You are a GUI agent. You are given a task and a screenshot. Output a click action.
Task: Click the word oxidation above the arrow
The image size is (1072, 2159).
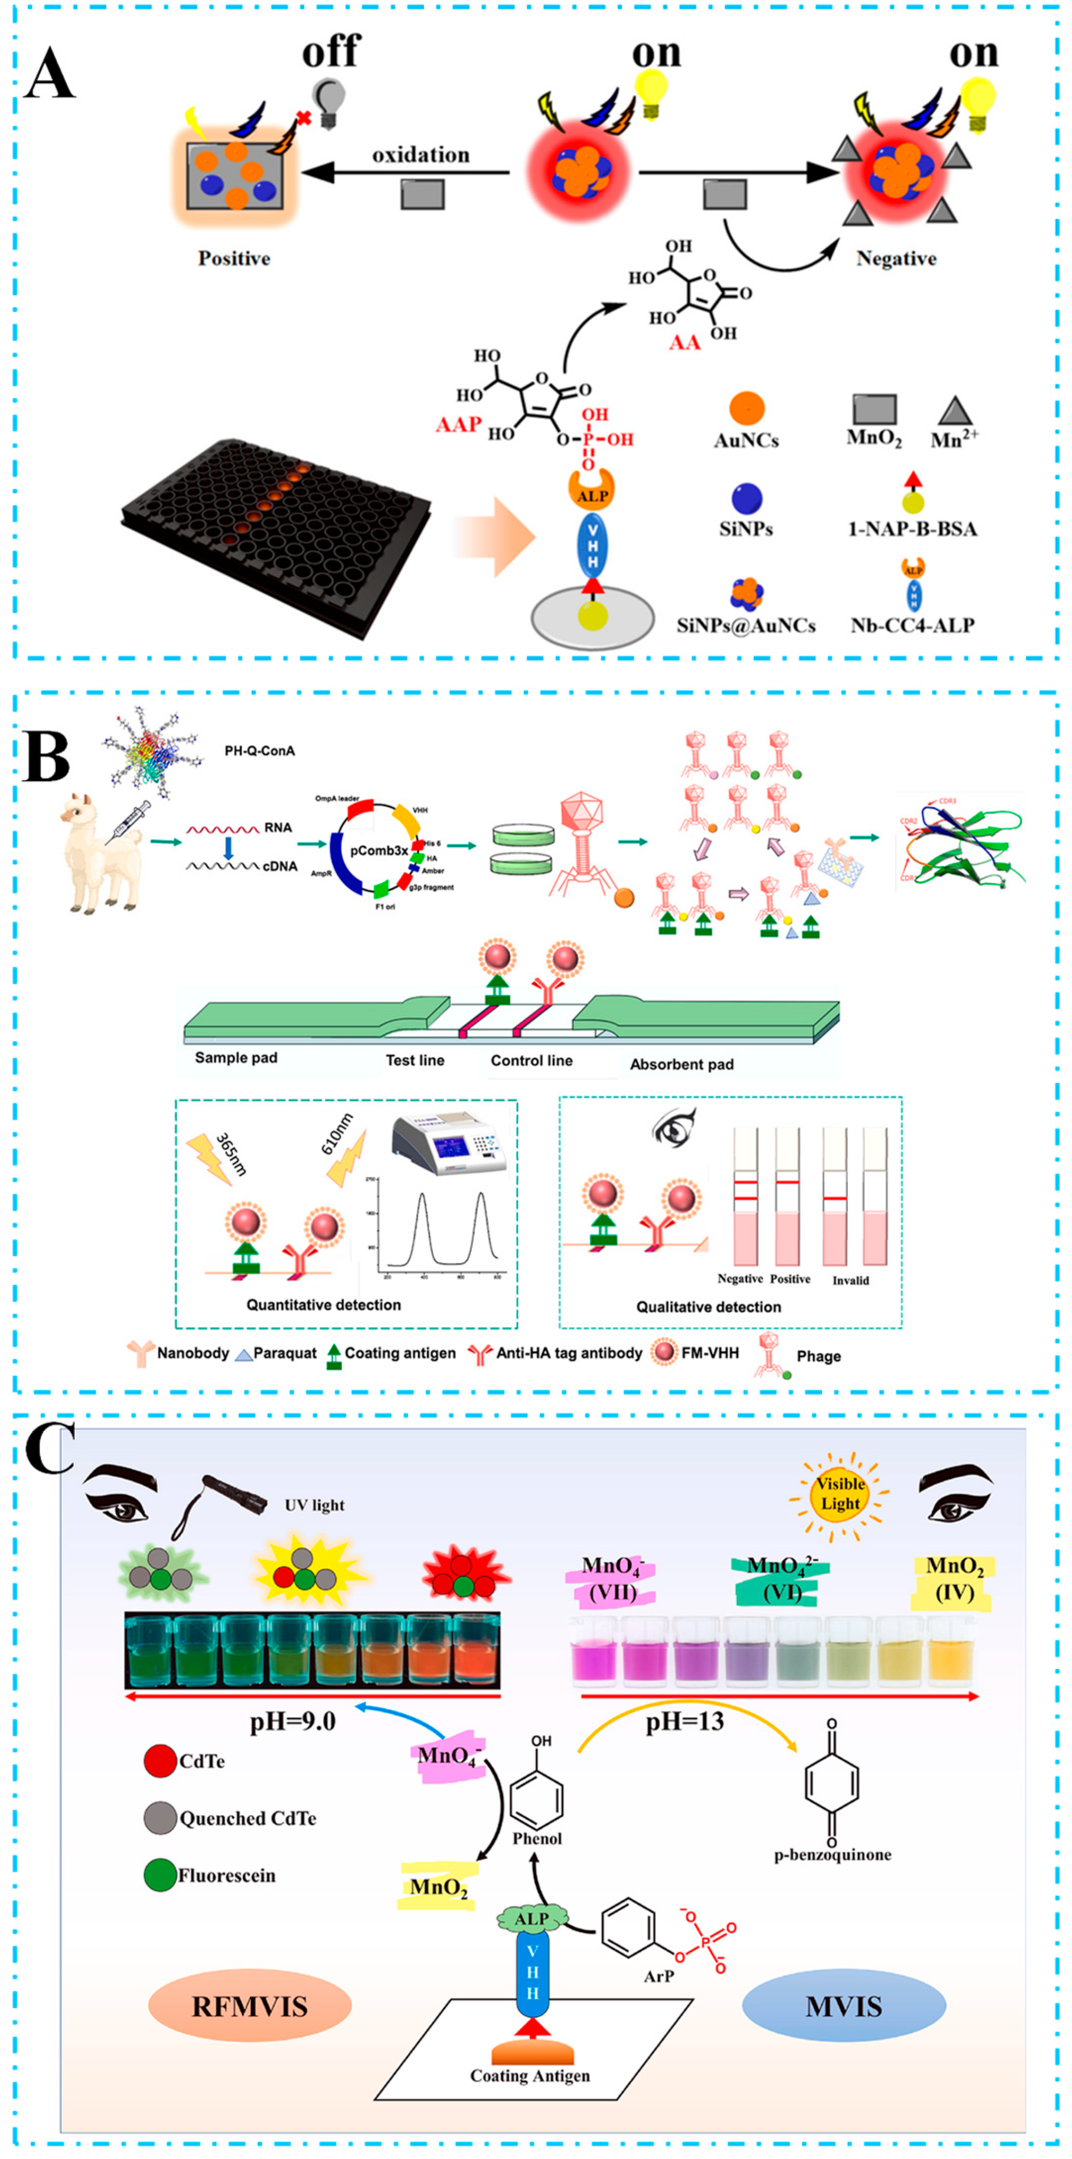pos(421,155)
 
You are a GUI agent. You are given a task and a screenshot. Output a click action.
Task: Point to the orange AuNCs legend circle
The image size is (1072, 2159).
pos(746,408)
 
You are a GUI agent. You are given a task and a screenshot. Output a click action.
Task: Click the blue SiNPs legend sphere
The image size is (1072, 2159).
pos(746,498)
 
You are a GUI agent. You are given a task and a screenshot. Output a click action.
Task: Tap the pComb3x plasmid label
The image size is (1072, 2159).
pos(379,850)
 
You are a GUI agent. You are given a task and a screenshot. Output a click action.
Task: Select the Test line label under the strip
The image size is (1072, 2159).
pos(415,1060)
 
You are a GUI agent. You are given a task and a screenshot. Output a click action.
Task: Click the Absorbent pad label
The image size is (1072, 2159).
pos(681,1065)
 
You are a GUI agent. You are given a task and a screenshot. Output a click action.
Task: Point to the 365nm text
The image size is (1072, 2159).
pos(230,1155)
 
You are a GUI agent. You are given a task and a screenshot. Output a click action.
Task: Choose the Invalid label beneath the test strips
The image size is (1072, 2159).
pos(850,1281)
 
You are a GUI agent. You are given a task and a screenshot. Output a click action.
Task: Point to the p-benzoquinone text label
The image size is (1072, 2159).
pos(832,1855)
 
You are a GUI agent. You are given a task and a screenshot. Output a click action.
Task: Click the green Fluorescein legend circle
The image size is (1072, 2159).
pos(159,1876)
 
